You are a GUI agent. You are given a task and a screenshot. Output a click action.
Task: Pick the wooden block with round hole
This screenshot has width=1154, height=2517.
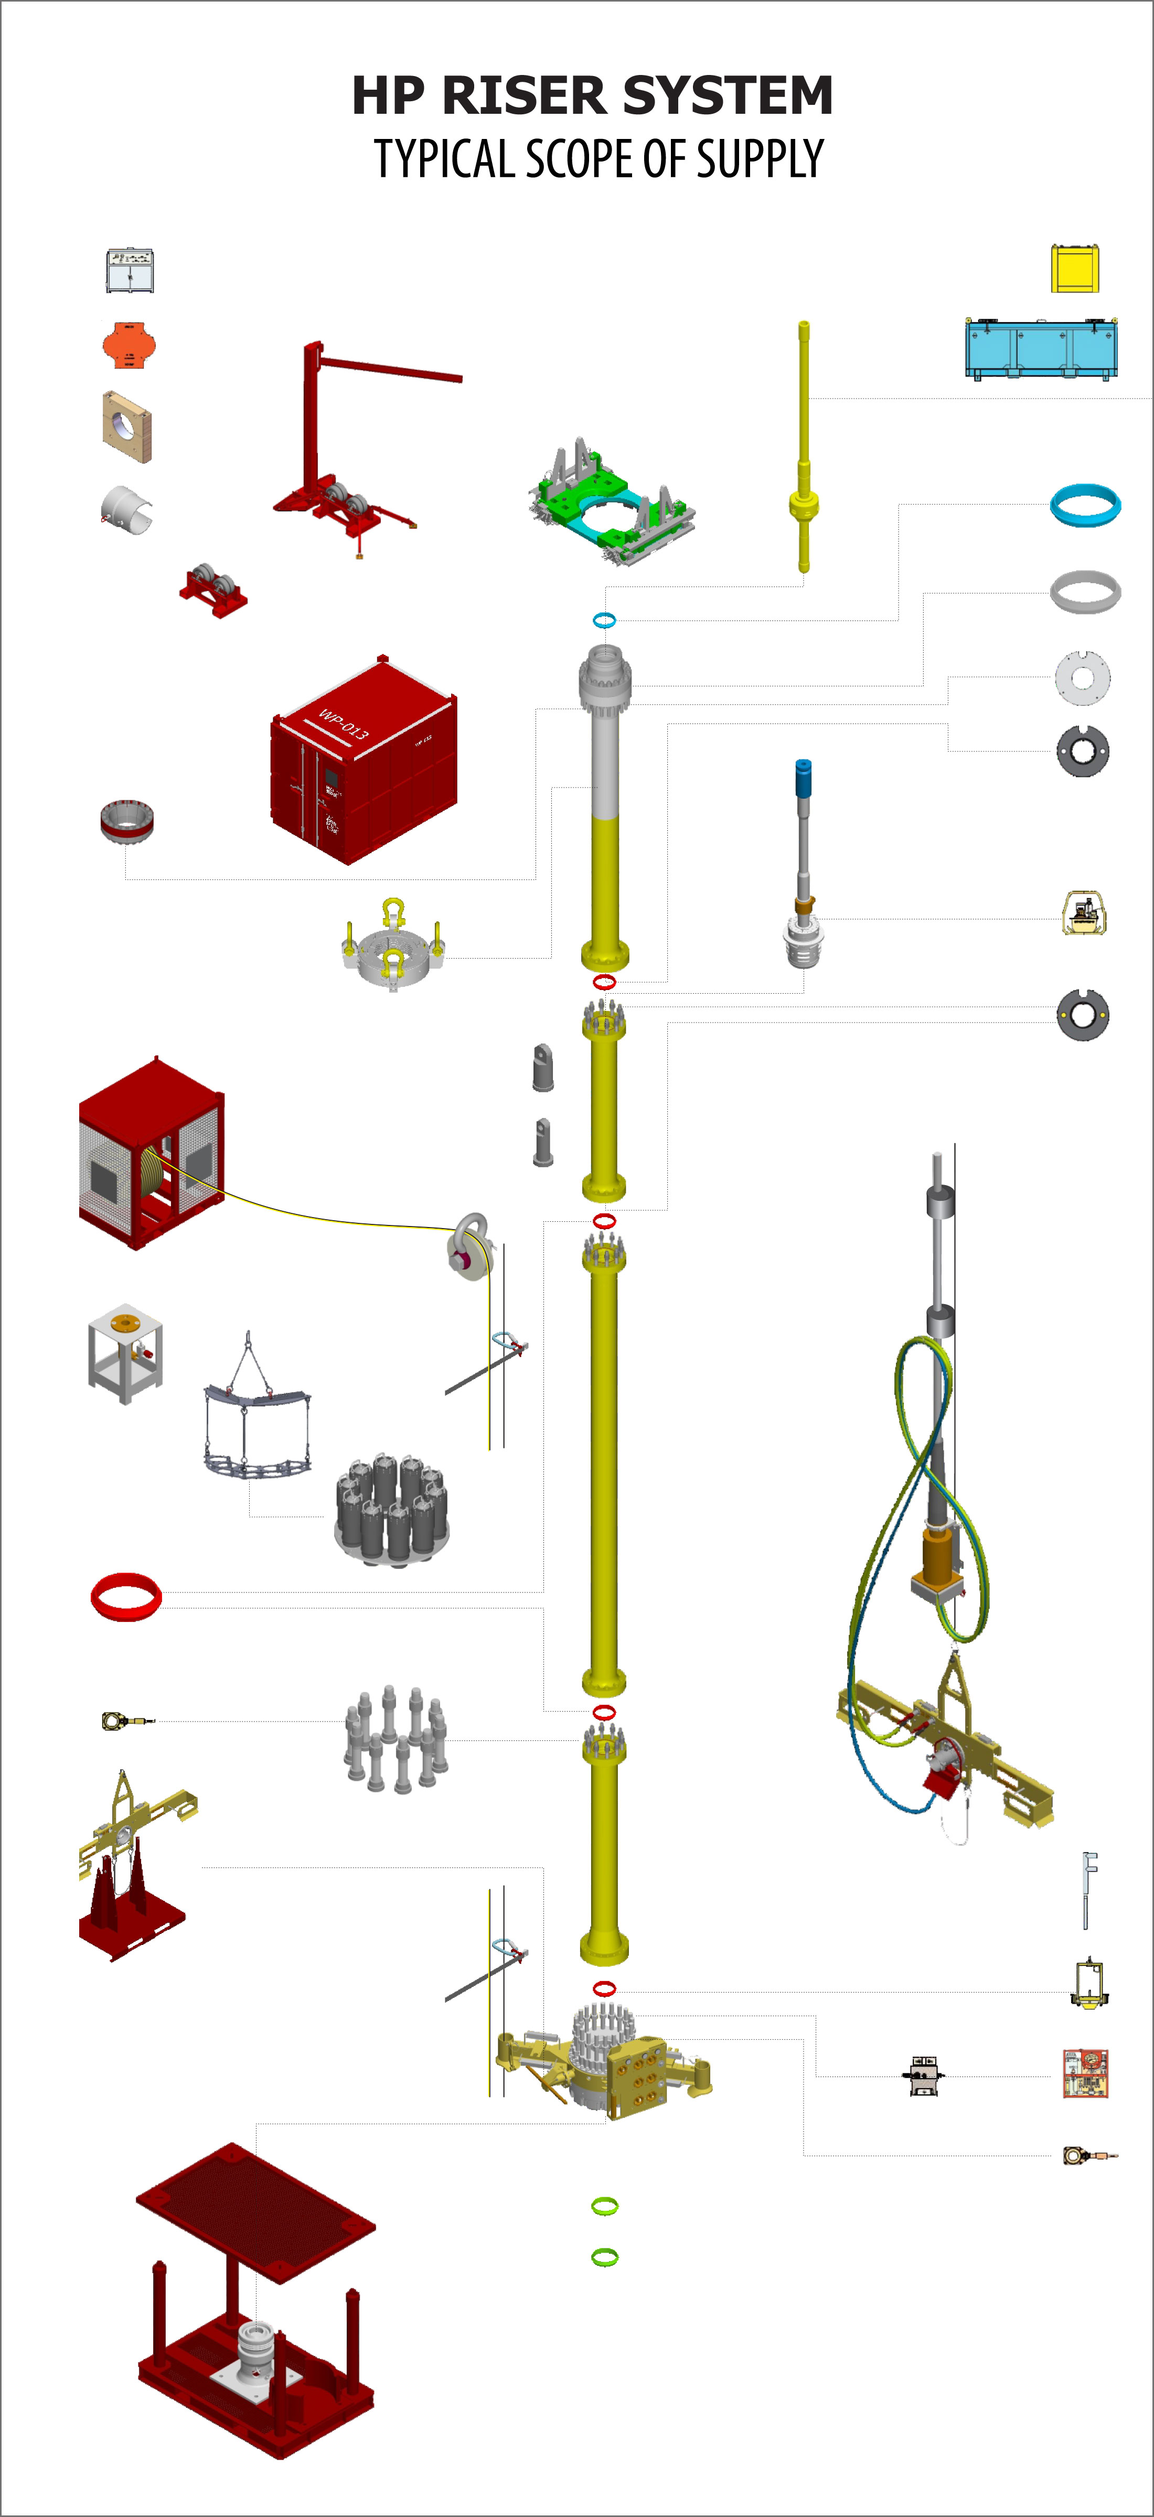[127, 427]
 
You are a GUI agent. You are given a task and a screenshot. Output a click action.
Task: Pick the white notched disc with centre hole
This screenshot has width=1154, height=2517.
[1083, 677]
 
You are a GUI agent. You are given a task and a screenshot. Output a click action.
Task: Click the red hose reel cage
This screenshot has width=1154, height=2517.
[152, 1153]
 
